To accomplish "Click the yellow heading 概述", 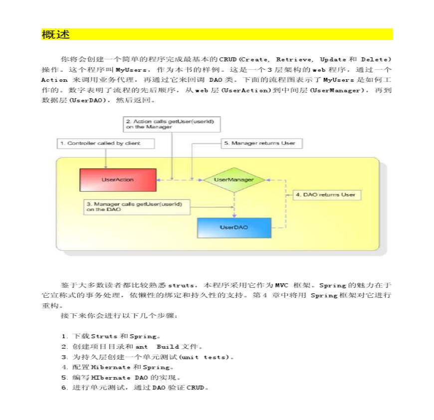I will [x=56, y=35].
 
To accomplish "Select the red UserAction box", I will [x=117, y=180].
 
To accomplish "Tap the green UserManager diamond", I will [x=233, y=180].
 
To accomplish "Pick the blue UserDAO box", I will [x=234, y=227].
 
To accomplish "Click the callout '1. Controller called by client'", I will [x=105, y=144].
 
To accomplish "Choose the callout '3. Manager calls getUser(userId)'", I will [x=137, y=207].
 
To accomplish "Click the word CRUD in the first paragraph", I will [x=227, y=59].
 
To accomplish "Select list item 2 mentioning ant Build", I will [x=132, y=347].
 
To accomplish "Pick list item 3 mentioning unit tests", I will [x=148, y=357].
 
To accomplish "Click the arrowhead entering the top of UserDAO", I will [x=234, y=215].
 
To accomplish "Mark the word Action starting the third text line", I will [x=54, y=80].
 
